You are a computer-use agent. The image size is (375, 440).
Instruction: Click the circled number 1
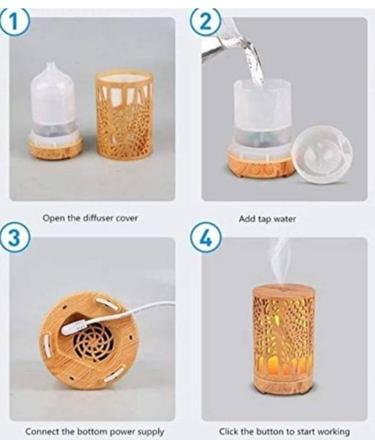(14, 22)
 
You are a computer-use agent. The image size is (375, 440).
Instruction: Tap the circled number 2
(206, 22)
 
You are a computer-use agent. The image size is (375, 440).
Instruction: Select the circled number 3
(15, 238)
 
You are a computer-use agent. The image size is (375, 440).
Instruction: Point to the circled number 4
(206, 238)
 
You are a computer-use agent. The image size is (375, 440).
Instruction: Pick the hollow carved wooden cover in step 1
(125, 115)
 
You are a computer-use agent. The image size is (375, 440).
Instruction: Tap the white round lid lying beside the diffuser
(322, 155)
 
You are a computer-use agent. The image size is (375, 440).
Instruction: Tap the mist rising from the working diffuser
(281, 261)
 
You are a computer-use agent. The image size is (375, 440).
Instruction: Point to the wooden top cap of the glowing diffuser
(283, 291)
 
